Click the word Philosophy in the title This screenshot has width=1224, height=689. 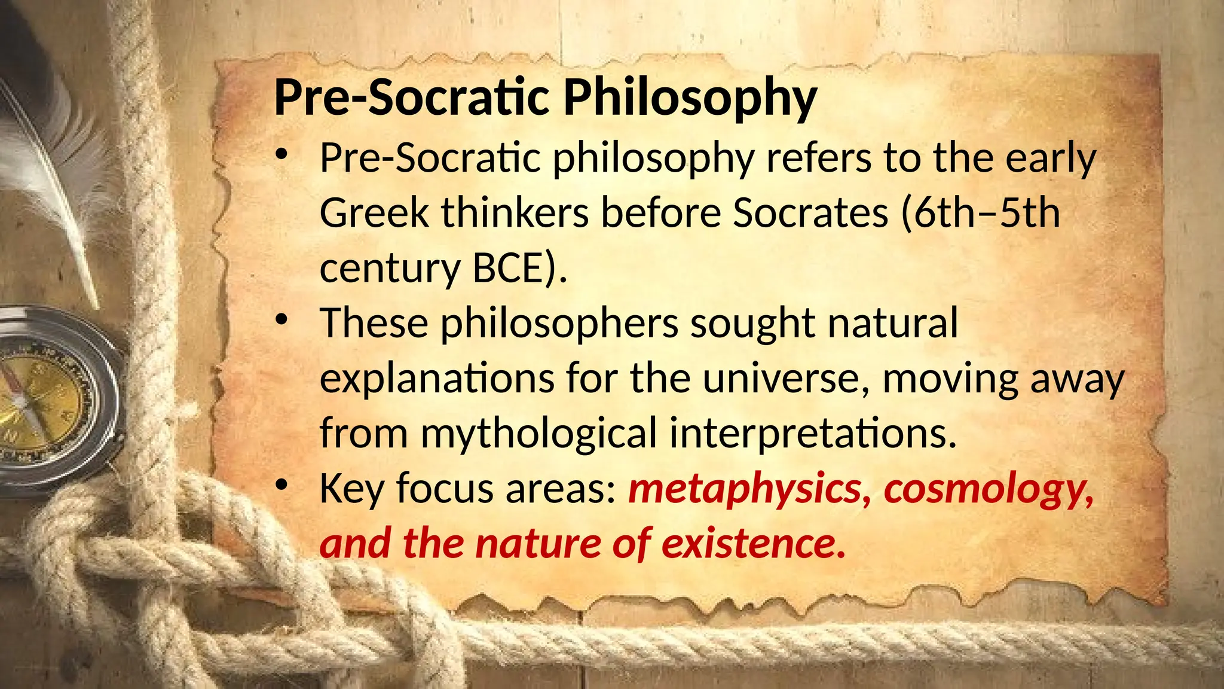[690, 98]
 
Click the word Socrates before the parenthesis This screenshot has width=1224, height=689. [810, 213]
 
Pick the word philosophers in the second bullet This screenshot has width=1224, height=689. [559, 323]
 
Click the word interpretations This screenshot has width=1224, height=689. [813, 433]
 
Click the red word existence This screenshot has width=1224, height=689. [754, 544]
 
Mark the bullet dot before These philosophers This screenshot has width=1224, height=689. [281, 320]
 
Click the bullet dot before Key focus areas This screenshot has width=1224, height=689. [281, 485]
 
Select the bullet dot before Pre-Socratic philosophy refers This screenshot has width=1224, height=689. [281, 155]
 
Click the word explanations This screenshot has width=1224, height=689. [437, 378]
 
